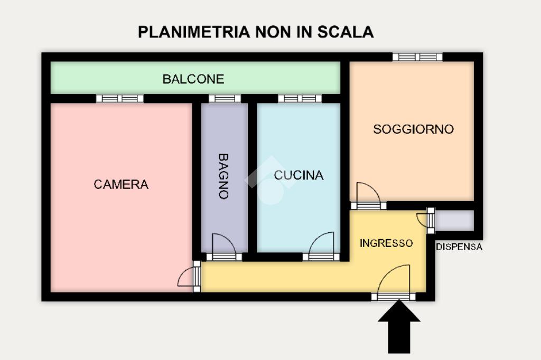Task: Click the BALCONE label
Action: coord(193,79)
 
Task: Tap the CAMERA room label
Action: coord(121,184)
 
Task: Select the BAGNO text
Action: coord(223,176)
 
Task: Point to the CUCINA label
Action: coord(299,175)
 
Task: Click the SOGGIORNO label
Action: coord(413,129)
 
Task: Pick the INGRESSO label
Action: coord(386,243)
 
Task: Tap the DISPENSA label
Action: coord(459,247)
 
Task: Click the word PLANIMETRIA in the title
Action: coord(194,32)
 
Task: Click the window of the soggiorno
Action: coord(417,57)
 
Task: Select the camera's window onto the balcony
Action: coord(120,98)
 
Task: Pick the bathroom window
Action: coord(225,98)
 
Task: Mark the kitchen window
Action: coord(300,98)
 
